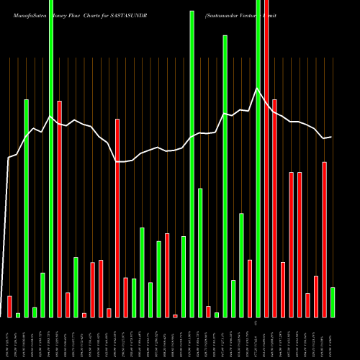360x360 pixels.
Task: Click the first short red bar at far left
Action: click(x=10, y=307)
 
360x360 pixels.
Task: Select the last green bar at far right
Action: click(x=332, y=302)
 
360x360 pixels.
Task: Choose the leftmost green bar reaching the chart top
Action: click(x=51, y=158)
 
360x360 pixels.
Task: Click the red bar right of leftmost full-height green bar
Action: click(x=60, y=209)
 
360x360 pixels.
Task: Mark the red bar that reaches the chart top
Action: click(x=266, y=158)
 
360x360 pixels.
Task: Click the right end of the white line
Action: click(x=331, y=137)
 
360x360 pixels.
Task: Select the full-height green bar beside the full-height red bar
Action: click(x=258, y=158)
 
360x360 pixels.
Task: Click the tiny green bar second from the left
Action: click(x=18, y=315)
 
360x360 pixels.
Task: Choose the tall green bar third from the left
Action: click(x=27, y=208)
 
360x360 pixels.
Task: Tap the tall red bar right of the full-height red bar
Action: click(x=274, y=208)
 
